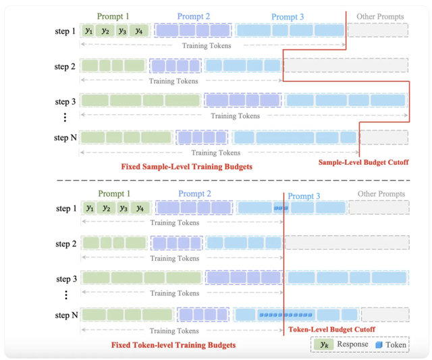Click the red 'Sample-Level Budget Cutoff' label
pyautogui.click(x=363, y=162)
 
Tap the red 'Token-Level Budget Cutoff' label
pyautogui.click(x=331, y=330)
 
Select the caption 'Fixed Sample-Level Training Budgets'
pyautogui.click(x=186, y=166)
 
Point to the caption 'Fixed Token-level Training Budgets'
pyautogui.click(x=173, y=345)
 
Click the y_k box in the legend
pyautogui.click(x=323, y=344)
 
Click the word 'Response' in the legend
pyautogui.click(x=352, y=344)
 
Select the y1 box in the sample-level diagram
pyautogui.click(x=88, y=30)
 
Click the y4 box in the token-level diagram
pyautogui.click(x=140, y=208)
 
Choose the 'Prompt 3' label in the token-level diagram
pyautogui.click(x=304, y=197)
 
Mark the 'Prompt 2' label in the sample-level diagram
pyautogui.click(x=193, y=16)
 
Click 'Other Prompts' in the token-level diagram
pyautogui.click(x=381, y=195)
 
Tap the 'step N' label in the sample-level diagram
pyautogui.click(x=65, y=138)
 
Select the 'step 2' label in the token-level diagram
pyautogui.click(x=65, y=244)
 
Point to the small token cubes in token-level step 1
pyautogui.click(x=281, y=208)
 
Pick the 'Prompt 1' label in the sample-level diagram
pyautogui.click(x=113, y=16)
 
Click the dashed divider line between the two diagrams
pyautogui.click(x=216, y=180)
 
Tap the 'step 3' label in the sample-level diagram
pyautogui.click(x=65, y=102)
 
